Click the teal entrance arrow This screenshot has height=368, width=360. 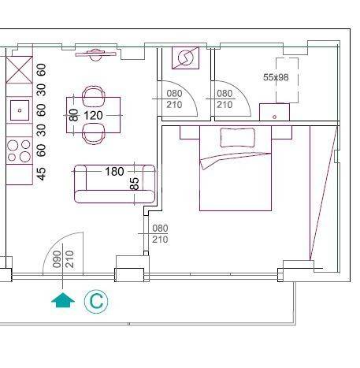click(63, 300)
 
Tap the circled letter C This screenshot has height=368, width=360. click(96, 302)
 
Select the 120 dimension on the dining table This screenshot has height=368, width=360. click(93, 115)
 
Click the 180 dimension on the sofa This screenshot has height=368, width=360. click(114, 172)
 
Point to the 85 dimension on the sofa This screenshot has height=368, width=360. click(134, 184)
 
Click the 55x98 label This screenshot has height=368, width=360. click(276, 77)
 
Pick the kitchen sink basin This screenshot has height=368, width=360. click(20, 110)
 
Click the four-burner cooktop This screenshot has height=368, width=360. click(19, 151)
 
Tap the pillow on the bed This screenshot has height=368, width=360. click(237, 137)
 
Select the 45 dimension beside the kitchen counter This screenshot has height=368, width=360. click(42, 174)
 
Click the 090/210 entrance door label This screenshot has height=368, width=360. click(63, 259)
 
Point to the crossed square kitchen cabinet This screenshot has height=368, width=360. click(19, 69)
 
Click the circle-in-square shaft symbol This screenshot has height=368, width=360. click(185, 58)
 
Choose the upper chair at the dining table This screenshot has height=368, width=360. click(94, 96)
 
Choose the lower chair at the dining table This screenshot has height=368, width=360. click(94, 134)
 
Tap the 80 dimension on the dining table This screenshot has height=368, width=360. click(74, 115)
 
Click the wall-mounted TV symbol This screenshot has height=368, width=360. click(95, 54)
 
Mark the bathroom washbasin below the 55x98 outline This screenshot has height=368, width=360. click(274, 112)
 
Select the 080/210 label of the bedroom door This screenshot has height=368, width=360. click(160, 233)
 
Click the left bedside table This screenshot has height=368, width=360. click(190, 132)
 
